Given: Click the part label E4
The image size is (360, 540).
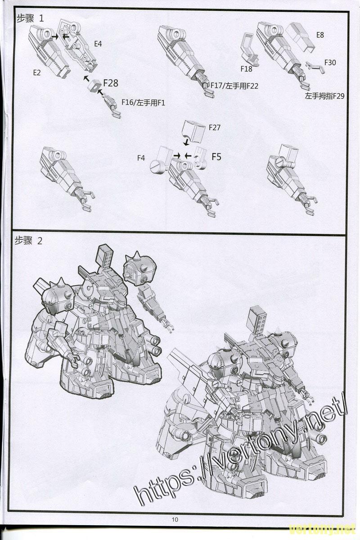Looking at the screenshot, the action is tap(98, 44).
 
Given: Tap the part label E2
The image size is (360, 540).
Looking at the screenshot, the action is tap(37, 72).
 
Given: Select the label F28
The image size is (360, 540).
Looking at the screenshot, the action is tap(111, 83).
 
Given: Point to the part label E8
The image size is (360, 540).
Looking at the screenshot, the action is tap(320, 35).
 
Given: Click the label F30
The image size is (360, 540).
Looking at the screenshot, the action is tap(330, 63).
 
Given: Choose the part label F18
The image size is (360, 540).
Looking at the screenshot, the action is tap(246, 69).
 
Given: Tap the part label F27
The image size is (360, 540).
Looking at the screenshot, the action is tap(214, 127).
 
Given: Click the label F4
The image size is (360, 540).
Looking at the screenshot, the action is tap(141, 158).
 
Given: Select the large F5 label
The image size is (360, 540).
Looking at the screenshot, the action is tap(216, 157).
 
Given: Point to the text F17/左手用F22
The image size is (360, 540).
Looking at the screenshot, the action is tap(234, 86).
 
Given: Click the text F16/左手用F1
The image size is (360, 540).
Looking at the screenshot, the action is tap(143, 103).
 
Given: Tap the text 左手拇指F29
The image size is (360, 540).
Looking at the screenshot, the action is tap(324, 96).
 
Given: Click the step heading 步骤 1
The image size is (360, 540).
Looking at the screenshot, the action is tap(30, 18).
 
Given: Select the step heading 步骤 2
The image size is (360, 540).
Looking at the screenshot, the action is tap(28, 241).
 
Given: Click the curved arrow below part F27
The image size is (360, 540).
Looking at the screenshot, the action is tap(186, 140).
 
